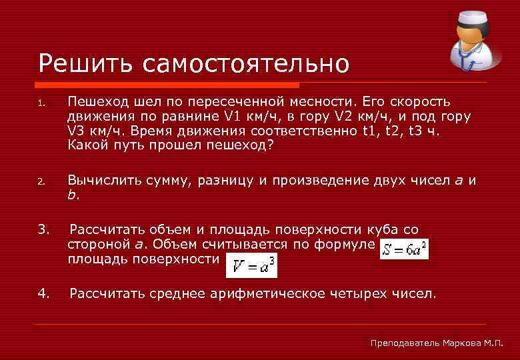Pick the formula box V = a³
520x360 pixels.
pos(251,267)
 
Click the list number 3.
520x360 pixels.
pos(43,230)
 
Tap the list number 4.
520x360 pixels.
pos(43,293)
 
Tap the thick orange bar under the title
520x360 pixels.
pos(166,85)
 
